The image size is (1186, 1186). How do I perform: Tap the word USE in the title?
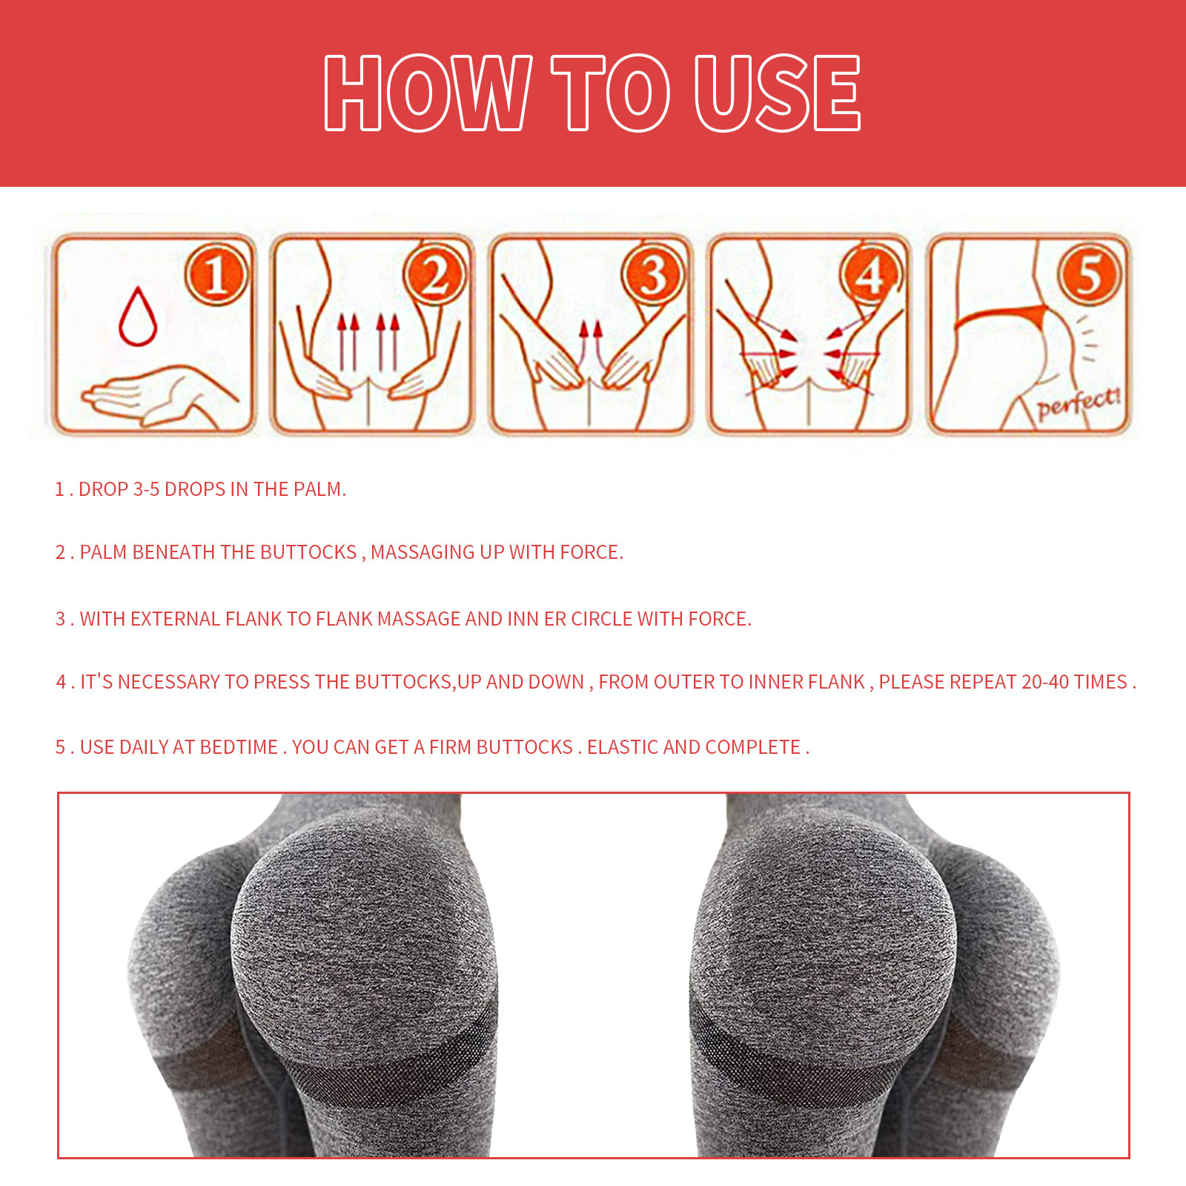pyautogui.click(x=777, y=93)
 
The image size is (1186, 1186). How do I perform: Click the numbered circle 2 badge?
pyautogui.click(x=435, y=275)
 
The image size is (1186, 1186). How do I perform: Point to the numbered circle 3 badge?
pyautogui.click(x=653, y=275)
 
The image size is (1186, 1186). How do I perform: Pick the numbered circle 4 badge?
pyautogui.click(x=871, y=275)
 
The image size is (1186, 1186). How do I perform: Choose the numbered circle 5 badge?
pyautogui.click(x=1089, y=275)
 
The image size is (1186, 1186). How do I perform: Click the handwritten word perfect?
pyautogui.click(x=1078, y=403)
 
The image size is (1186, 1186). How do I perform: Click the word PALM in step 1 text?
pyautogui.click(x=320, y=489)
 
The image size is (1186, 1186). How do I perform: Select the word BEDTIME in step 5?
pyautogui.click(x=239, y=747)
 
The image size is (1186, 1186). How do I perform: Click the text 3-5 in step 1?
pyautogui.click(x=146, y=489)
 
